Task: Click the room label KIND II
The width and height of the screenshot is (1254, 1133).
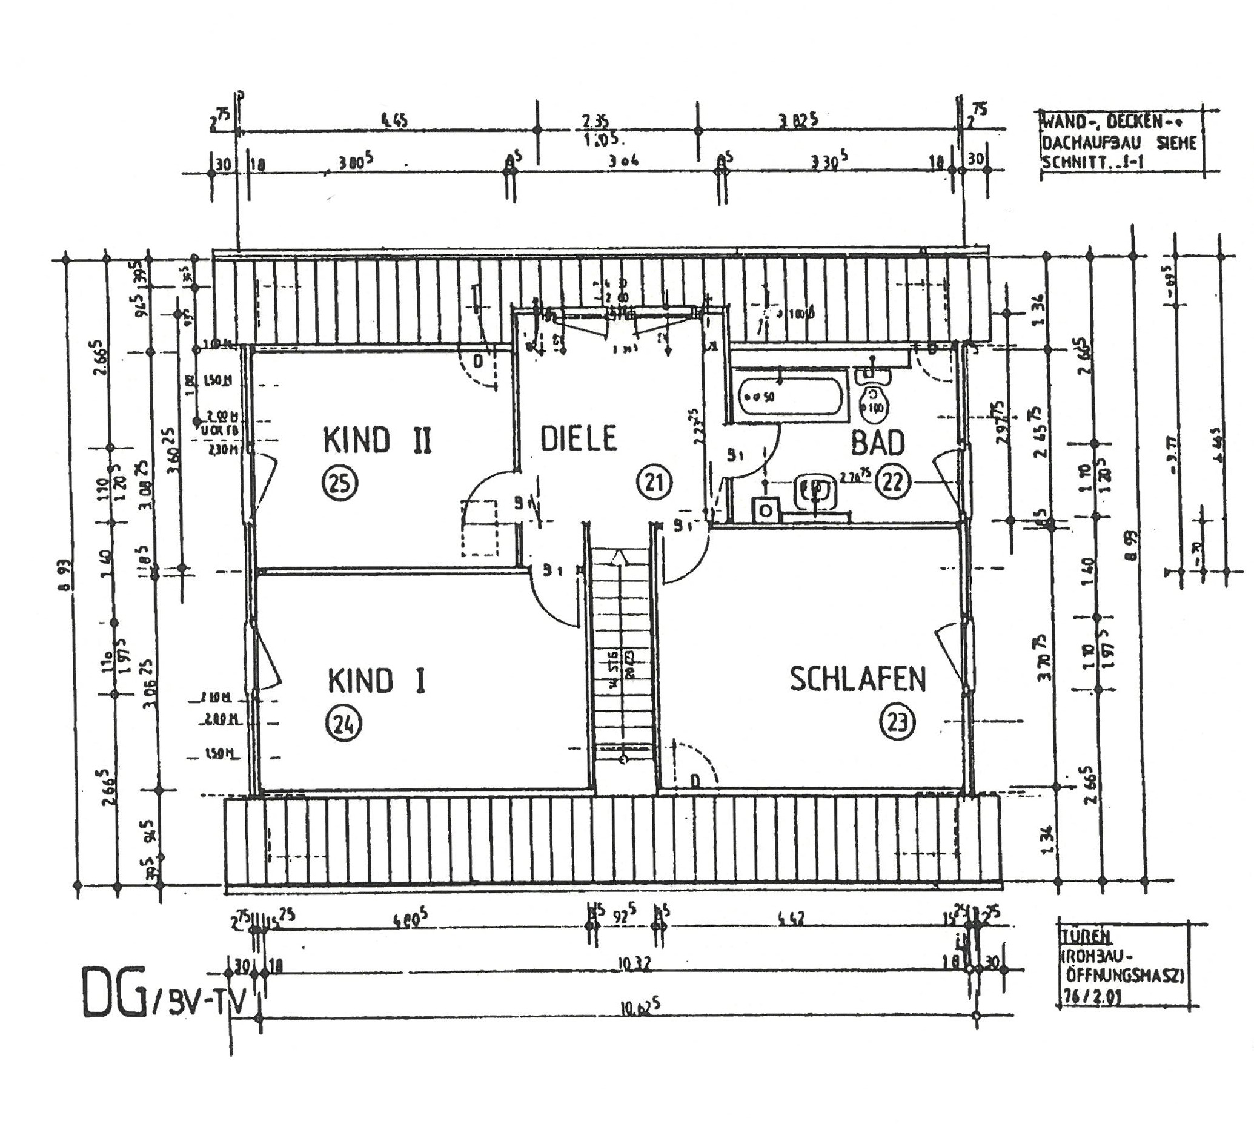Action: pos(377,441)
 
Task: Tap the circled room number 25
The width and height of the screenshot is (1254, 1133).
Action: pos(340,483)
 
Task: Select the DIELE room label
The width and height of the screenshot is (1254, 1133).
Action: pos(579,438)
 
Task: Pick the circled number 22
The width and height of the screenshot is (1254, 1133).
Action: pos(892,483)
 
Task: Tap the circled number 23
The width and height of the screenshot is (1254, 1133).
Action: pos(897,722)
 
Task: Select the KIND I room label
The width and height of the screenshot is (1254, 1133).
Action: pos(377,680)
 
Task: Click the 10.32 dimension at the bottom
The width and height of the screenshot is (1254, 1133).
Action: pos(635,965)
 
